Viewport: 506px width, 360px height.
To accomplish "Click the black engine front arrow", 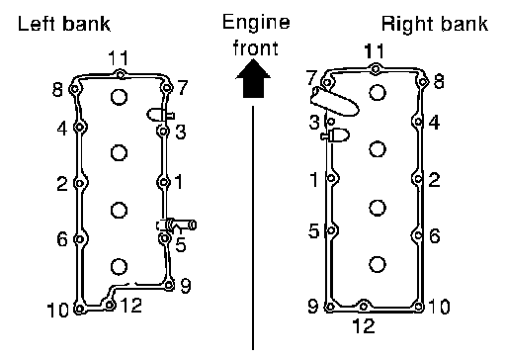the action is [253, 78].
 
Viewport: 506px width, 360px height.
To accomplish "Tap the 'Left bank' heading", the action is [64, 24].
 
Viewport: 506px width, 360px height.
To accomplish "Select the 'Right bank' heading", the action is [435, 24].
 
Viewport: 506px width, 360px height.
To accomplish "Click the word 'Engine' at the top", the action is [256, 23].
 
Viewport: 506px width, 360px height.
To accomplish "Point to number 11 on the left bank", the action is [118, 58].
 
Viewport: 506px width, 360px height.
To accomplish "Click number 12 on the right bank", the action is [364, 325].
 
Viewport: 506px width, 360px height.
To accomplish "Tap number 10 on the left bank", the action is [58, 310].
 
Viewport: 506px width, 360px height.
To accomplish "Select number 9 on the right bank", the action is [313, 306].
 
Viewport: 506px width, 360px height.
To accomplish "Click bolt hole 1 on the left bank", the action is [163, 182].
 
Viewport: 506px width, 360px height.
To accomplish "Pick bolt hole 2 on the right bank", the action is [418, 179].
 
